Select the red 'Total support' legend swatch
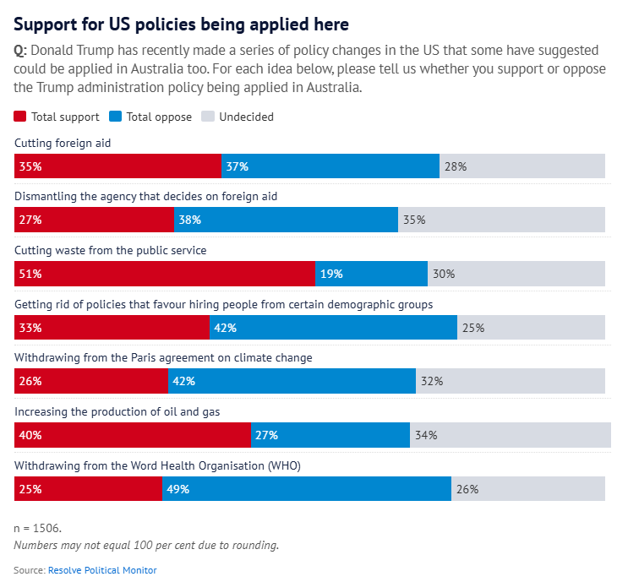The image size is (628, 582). click(x=20, y=117)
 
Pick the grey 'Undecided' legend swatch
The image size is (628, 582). click(x=207, y=117)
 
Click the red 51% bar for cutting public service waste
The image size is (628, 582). click(x=165, y=274)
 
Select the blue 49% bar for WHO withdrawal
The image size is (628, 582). click(x=306, y=488)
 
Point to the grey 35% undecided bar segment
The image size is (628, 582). click(x=501, y=220)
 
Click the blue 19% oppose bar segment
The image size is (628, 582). click(x=371, y=274)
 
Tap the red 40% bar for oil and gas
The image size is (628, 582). click(x=133, y=435)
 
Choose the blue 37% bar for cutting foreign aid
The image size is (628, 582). click(x=330, y=166)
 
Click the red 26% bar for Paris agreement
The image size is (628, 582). click(x=91, y=381)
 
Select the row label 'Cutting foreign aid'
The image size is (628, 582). click(x=63, y=144)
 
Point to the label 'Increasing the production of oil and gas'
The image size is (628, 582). click(x=117, y=411)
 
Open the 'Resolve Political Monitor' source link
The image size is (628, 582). click(x=102, y=570)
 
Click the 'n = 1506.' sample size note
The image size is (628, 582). click(x=37, y=529)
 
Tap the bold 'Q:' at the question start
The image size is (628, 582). click(x=20, y=51)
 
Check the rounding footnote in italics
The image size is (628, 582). click(x=146, y=545)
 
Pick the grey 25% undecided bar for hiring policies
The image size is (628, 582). click(x=531, y=328)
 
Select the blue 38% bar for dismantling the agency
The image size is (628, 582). click(x=286, y=220)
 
